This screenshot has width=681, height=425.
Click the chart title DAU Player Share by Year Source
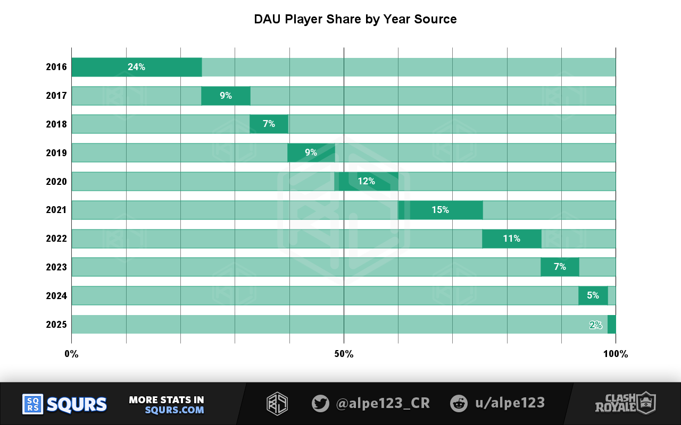[355, 20]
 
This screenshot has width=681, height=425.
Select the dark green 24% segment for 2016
[137, 67]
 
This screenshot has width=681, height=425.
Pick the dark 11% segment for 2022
[511, 239]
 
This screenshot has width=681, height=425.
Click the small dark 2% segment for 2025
[611, 324]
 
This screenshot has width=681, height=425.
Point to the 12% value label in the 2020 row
[366, 181]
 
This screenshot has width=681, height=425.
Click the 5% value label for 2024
[593, 295]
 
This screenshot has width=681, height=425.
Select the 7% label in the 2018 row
[269, 124]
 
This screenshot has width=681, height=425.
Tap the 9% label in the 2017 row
[226, 96]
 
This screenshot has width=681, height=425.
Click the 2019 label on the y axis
[56, 153]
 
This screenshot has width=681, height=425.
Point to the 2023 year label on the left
[56, 267]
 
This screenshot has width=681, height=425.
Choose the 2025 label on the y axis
[56, 324]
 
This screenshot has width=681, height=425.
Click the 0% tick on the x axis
[71, 354]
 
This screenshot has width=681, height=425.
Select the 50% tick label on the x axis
[344, 354]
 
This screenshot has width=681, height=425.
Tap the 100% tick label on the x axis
[616, 354]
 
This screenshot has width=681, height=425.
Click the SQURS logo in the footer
[64, 404]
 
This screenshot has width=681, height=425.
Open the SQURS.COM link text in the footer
[175, 410]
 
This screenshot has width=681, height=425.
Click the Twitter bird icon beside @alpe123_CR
[320, 403]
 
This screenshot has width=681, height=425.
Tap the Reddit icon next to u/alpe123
[459, 403]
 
